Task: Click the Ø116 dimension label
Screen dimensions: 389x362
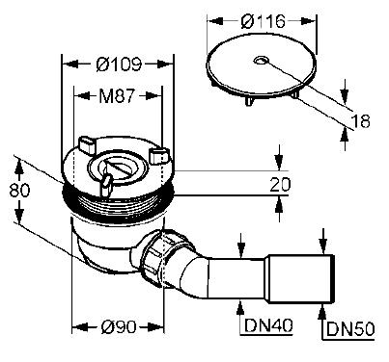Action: pos(263,21)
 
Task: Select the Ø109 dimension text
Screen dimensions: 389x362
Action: pos(119,64)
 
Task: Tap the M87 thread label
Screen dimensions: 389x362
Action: pos(117,95)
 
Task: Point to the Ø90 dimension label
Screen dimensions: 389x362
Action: pos(119,327)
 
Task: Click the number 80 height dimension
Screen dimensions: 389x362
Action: pos(19,191)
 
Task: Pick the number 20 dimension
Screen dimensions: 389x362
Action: pos(280,184)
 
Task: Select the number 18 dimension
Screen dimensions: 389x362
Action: pos(360,121)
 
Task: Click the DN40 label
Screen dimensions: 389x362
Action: pos(268,325)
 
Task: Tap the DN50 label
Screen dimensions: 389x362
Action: pos(350,329)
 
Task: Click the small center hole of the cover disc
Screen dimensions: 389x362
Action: pos(260,60)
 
